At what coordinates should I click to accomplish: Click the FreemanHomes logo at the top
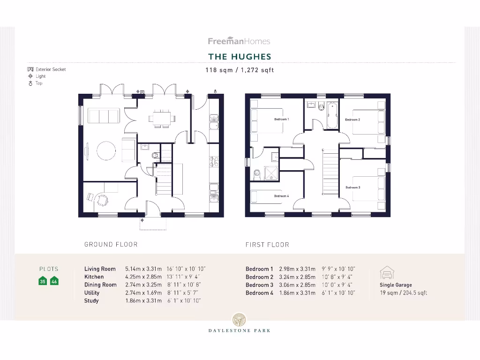tap(239, 41)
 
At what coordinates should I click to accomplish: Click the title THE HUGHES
tap(240, 57)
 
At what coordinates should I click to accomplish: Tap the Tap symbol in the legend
tap(30, 83)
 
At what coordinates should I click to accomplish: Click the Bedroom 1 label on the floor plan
tap(281, 120)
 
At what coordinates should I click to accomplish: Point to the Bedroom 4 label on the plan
tap(281, 196)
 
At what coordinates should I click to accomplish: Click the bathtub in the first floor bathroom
tap(332, 115)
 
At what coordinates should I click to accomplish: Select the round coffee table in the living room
tap(106, 150)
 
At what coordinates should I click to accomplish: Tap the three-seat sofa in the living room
tap(104, 115)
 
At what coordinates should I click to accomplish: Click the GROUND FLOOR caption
tap(111, 244)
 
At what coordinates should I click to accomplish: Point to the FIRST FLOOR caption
tap(267, 244)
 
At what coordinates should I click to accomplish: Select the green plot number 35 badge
tap(43, 281)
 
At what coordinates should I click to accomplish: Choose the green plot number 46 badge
tap(54, 281)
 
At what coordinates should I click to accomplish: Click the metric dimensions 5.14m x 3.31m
tap(143, 269)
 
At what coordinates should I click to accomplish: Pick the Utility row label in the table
tap(92, 293)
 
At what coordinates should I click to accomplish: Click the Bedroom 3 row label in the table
tap(259, 285)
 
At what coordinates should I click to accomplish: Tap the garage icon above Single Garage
tap(387, 272)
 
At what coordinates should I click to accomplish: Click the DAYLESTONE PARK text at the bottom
tap(240, 330)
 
